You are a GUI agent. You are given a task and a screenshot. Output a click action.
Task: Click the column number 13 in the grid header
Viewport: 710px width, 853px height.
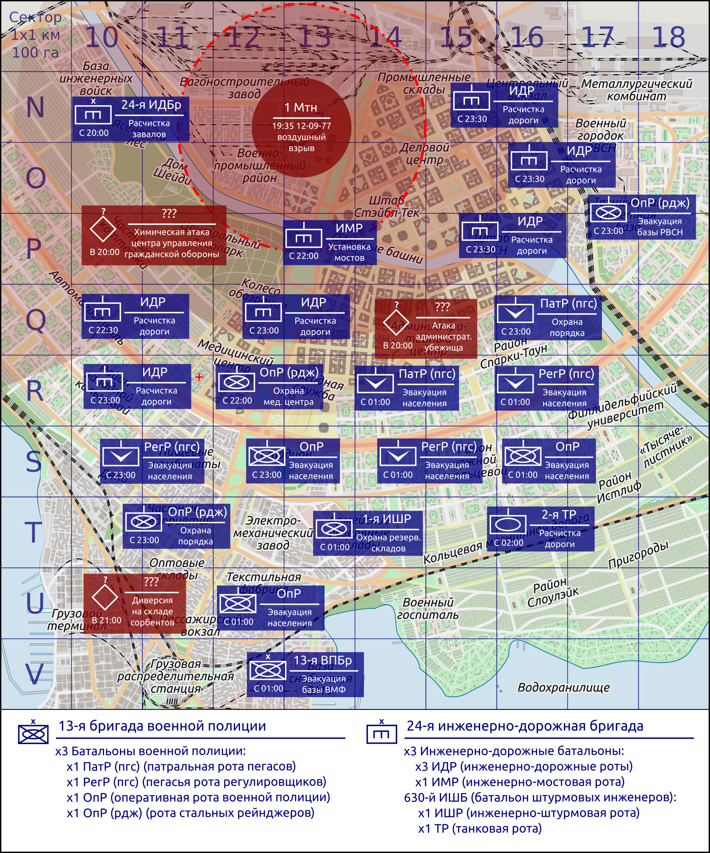[x=315, y=37]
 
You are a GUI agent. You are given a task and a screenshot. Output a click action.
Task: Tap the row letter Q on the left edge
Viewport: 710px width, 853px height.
[x=35, y=320]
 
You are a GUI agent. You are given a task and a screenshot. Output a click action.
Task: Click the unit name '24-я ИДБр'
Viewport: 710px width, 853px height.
[x=151, y=105]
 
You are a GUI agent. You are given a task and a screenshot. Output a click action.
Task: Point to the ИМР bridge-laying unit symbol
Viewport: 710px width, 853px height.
[x=303, y=237]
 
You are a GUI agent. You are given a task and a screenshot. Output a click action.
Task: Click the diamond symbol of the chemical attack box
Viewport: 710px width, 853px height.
[x=103, y=229]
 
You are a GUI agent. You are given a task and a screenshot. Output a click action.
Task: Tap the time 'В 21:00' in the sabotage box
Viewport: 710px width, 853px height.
[x=106, y=620]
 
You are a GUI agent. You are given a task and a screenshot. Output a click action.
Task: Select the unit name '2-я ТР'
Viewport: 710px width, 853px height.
[x=559, y=514]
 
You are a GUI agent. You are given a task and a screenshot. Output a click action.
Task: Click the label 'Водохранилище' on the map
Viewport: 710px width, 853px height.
[x=563, y=687]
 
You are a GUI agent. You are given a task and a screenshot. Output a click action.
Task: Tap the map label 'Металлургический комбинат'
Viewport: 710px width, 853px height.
[x=637, y=90]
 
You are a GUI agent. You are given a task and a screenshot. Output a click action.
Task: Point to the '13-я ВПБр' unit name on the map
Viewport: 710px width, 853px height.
[x=323, y=660]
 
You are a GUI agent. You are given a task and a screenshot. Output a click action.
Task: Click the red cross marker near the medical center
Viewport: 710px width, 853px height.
[x=199, y=377]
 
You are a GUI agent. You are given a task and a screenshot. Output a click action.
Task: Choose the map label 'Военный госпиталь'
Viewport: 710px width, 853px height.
[x=428, y=608]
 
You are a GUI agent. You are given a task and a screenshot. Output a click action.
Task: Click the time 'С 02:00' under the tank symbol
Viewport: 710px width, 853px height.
[x=508, y=542]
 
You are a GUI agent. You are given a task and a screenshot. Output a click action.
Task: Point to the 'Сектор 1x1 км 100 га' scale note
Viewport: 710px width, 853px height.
[x=35, y=35]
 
